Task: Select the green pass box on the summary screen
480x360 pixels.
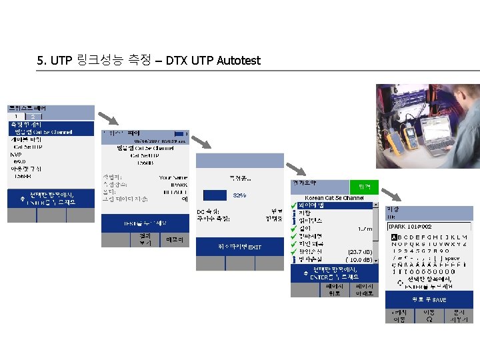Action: point(364,187)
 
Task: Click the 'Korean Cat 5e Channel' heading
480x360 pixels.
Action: point(334,199)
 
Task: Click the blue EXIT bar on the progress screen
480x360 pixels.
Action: point(240,247)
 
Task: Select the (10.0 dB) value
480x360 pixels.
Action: point(359,259)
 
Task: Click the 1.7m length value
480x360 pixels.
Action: point(365,229)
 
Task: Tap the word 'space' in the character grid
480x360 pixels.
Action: point(451,257)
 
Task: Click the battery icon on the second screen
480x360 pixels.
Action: point(178,133)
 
